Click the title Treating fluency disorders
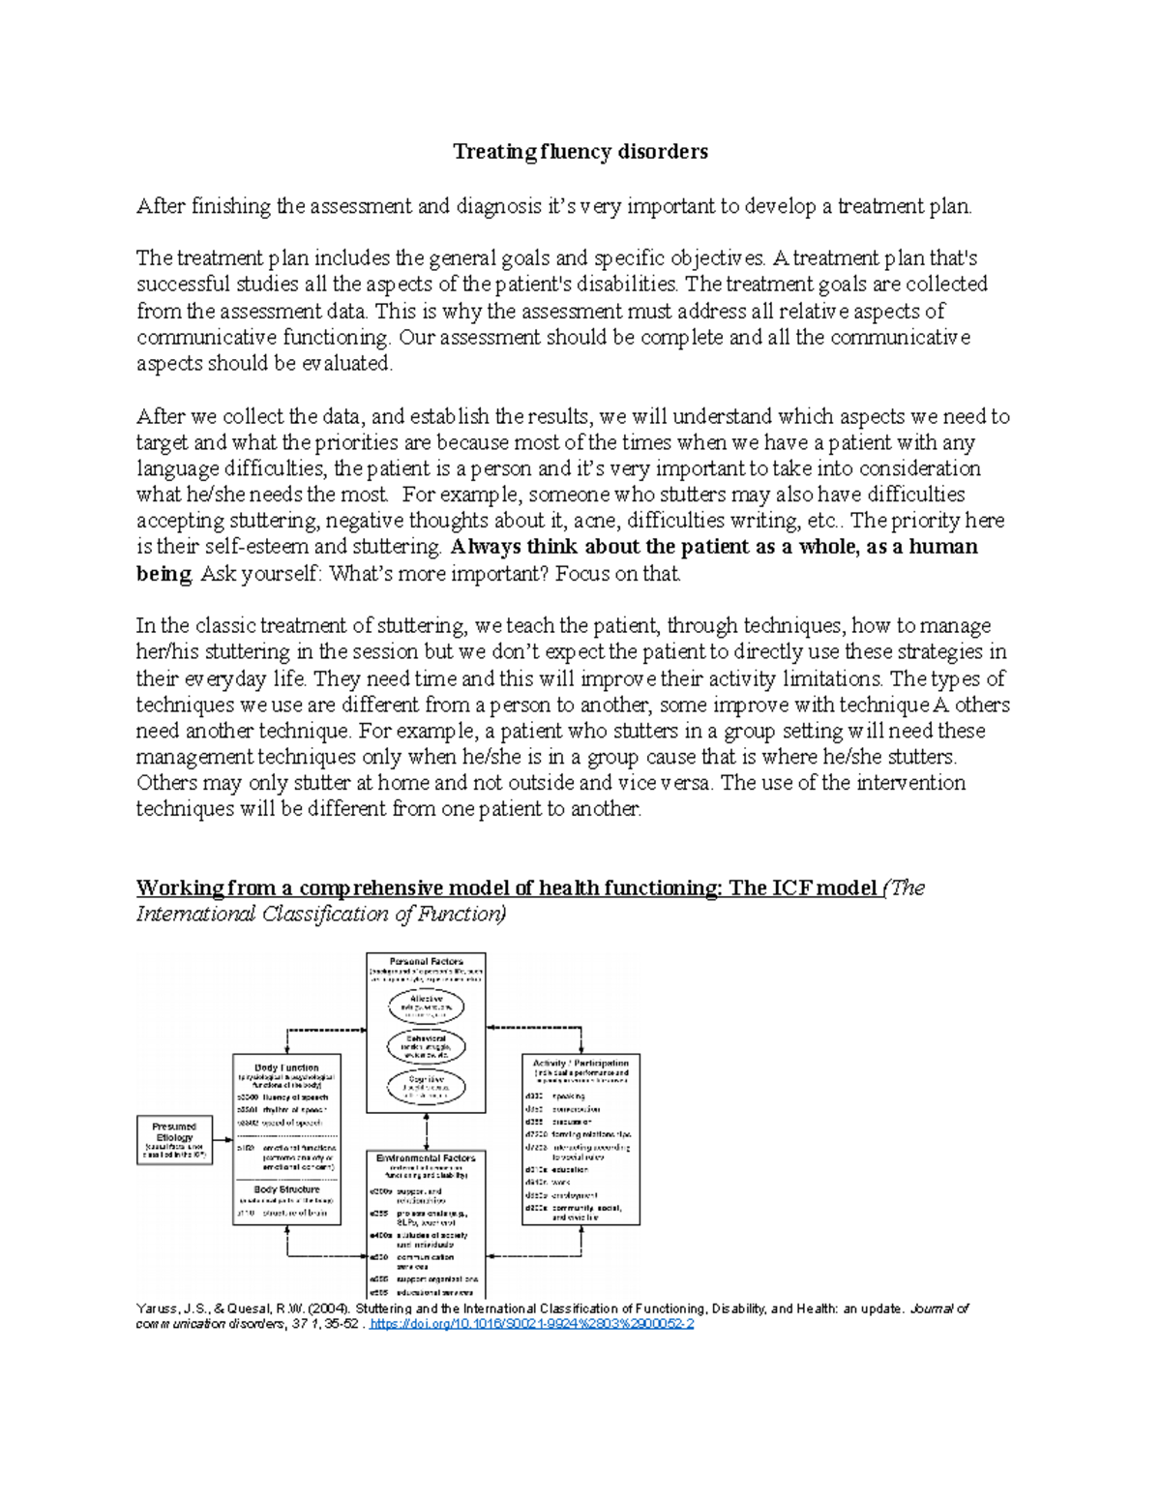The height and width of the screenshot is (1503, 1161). click(580, 152)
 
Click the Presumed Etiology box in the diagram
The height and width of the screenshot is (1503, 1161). click(174, 1139)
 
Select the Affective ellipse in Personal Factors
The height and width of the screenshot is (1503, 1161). click(426, 1006)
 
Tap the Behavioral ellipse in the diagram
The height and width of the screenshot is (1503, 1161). click(426, 1045)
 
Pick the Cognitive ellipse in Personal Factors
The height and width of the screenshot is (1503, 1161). click(426, 1085)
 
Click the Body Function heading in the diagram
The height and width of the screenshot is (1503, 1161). click(286, 1067)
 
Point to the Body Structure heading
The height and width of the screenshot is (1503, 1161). click(286, 1189)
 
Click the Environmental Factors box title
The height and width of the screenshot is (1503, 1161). click(426, 1157)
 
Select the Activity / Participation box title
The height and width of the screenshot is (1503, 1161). click(580, 1063)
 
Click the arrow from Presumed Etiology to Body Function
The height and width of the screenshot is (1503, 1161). click(223, 1139)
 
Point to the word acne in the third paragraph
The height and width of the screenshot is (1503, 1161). click(591, 521)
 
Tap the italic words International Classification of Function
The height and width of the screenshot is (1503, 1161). click(319, 915)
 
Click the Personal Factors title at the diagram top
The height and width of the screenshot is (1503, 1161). click(426, 962)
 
